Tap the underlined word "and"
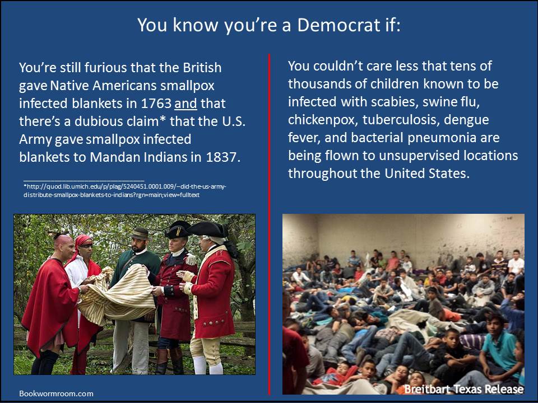(x=185, y=104)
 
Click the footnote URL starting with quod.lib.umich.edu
(x=125, y=190)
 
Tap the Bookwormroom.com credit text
(x=56, y=393)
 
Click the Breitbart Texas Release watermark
(x=464, y=390)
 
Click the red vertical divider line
(x=270, y=224)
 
